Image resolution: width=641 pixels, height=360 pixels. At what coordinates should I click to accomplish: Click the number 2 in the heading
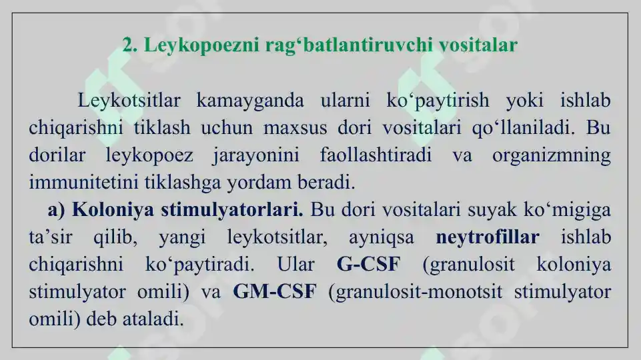tap(128, 45)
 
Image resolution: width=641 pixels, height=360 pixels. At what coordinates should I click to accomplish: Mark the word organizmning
tap(551, 155)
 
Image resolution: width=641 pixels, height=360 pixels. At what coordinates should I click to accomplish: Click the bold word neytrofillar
tap(487, 237)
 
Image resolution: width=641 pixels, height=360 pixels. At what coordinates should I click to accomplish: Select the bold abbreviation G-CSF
tap(369, 264)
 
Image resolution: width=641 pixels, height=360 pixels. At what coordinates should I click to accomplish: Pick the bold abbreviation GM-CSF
tap(274, 291)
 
